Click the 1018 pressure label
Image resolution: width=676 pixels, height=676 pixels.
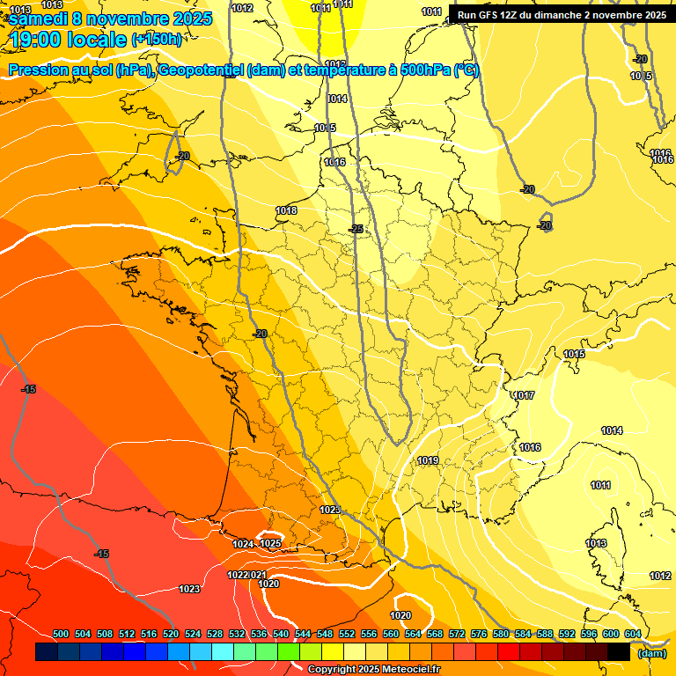click(x=286, y=210)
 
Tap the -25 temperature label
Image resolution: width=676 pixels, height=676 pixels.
click(x=356, y=229)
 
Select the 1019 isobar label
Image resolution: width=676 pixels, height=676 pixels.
click(x=428, y=460)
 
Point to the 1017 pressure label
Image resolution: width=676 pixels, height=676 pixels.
click(x=525, y=395)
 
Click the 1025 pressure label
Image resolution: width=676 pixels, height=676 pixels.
click(x=270, y=543)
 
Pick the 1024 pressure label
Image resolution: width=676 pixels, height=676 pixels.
click(x=243, y=544)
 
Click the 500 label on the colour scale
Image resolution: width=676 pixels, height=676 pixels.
click(x=61, y=634)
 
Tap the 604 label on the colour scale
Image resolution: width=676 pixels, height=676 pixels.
click(x=632, y=634)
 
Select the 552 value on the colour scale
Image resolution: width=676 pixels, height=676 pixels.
click(x=347, y=634)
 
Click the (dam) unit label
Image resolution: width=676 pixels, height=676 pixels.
click(x=651, y=652)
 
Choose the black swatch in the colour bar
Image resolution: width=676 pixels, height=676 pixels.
click(x=619, y=651)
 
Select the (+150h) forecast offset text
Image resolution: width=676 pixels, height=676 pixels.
click(x=157, y=40)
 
